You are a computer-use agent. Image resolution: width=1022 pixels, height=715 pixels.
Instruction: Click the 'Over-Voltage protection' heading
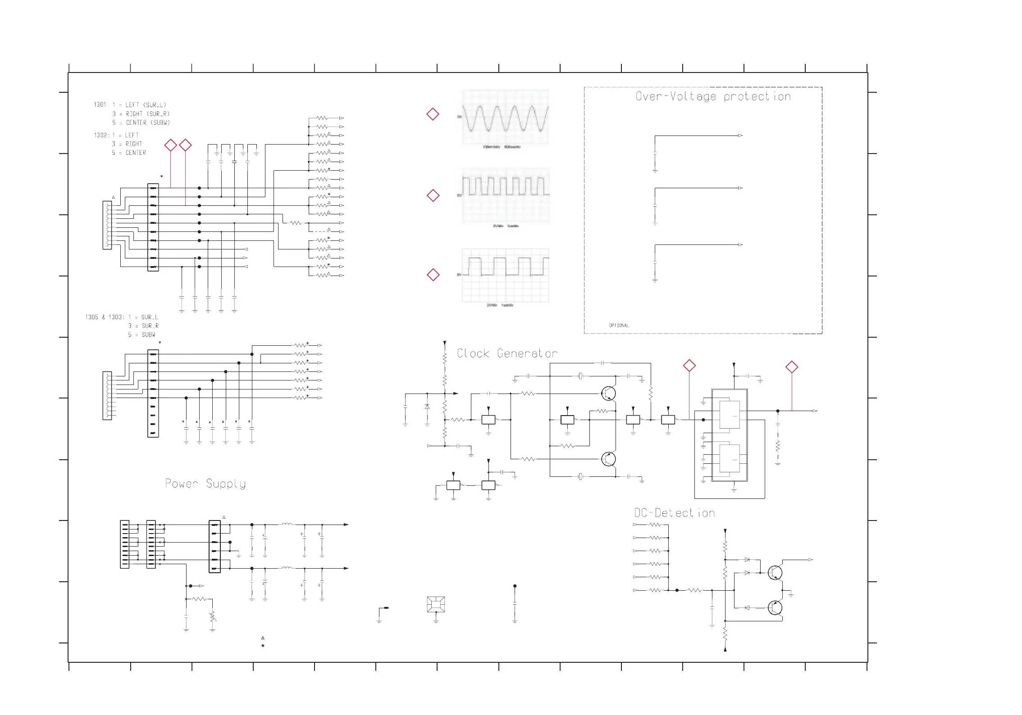pos(713,96)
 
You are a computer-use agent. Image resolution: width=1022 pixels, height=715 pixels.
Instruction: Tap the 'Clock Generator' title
pos(507,353)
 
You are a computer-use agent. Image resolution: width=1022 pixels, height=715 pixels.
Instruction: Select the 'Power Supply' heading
pos(205,484)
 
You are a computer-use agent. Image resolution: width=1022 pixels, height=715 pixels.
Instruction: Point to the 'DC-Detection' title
pos(674,513)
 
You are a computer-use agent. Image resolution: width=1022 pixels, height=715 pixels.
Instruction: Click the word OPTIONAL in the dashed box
pos(619,326)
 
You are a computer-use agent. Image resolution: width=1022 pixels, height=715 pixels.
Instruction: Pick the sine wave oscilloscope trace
pos(506,118)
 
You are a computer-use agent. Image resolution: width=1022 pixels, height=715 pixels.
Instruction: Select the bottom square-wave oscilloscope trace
pos(506,275)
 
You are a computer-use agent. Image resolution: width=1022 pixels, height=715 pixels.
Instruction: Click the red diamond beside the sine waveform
pos(433,114)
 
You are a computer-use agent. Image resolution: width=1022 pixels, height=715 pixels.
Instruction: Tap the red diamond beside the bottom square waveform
pos(433,275)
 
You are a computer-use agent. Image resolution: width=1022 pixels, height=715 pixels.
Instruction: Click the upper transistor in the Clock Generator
pos(608,394)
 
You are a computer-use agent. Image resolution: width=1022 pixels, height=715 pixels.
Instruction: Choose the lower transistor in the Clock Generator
pos(608,459)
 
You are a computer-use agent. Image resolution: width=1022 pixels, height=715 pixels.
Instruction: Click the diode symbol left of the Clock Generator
pos(427,407)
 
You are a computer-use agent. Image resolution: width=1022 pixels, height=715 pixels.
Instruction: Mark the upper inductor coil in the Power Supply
pos(287,524)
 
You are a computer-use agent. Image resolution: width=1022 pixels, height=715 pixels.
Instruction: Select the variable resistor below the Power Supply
pos(213,616)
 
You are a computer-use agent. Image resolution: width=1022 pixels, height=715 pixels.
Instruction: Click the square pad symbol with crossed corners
pos(436,604)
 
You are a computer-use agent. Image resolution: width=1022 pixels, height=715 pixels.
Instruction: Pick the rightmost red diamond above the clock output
pos(792,367)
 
